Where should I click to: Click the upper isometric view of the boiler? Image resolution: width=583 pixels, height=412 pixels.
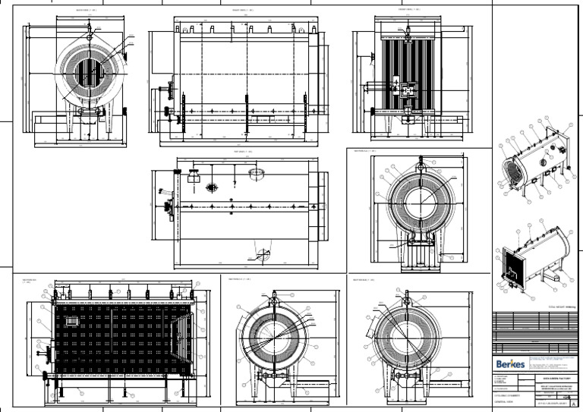pyautogui.click(x=532, y=159)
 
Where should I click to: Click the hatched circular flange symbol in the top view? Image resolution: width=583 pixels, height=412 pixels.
pyautogui.click(x=255, y=174)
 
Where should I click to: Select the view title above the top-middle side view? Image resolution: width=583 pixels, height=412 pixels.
pyautogui.click(x=238, y=10)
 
